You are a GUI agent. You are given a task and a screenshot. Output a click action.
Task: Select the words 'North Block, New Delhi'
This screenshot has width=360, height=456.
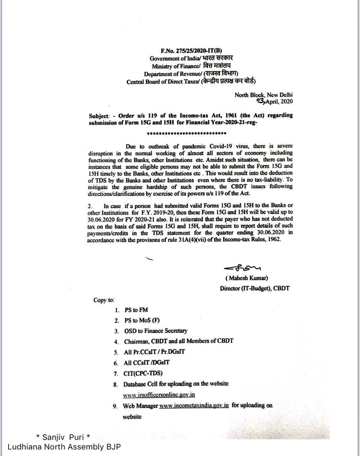(x=263, y=95)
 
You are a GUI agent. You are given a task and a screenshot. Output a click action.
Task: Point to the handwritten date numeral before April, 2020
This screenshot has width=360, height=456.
(x=261, y=102)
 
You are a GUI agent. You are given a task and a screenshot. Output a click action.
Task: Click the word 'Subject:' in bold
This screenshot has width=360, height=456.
(x=99, y=116)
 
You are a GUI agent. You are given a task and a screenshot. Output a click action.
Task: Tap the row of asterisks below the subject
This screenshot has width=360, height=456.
(x=187, y=134)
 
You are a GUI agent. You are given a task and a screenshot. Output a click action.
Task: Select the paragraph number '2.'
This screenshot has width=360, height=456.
(x=90, y=206)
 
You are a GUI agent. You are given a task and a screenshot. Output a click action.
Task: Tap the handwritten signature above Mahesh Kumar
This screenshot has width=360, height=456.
(x=242, y=268)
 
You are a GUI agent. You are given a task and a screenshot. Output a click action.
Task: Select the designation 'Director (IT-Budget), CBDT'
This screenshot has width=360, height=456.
(x=254, y=288)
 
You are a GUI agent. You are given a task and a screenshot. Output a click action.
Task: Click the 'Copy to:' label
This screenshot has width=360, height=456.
(x=104, y=300)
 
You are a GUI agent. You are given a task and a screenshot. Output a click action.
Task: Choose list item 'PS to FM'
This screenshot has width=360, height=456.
(x=136, y=310)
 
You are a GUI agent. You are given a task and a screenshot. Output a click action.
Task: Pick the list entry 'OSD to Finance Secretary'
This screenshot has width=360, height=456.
(x=156, y=331)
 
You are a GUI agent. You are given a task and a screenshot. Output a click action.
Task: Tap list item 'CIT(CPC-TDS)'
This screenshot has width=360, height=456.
(x=143, y=373)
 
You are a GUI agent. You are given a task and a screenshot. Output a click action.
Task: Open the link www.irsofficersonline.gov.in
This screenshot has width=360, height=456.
(x=159, y=395)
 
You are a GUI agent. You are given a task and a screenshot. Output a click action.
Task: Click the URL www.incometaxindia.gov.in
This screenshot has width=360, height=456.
(x=194, y=405)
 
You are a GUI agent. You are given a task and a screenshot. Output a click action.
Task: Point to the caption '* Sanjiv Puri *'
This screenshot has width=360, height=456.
(x=63, y=437)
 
